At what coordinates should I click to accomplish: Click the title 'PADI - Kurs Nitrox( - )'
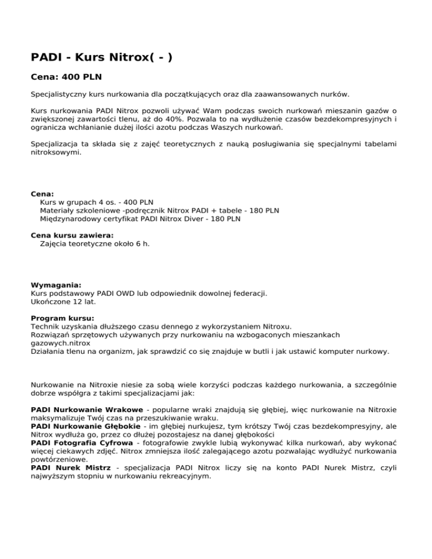(102, 57)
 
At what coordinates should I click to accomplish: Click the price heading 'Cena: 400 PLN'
(66, 75)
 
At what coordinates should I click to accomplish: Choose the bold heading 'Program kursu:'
(62, 318)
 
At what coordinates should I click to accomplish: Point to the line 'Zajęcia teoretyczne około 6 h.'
(95, 244)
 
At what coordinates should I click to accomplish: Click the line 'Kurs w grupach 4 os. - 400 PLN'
(97, 202)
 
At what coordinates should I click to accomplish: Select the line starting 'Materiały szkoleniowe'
(159, 210)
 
